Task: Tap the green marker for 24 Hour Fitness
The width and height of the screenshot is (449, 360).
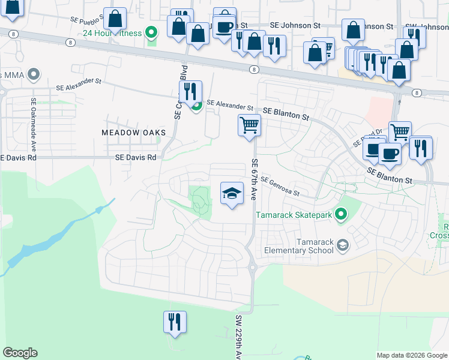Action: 152,32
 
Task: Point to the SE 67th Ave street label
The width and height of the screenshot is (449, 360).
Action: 255,179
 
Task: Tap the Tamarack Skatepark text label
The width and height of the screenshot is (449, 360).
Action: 294,214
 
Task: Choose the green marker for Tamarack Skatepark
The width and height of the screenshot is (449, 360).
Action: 342,214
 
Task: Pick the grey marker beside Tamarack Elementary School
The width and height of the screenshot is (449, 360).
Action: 342,244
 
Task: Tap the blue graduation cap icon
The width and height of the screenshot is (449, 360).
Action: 232,193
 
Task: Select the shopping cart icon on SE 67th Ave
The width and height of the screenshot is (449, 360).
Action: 249,125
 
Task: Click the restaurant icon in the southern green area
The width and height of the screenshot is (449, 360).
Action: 175,322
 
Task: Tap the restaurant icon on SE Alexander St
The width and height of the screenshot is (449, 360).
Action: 190,92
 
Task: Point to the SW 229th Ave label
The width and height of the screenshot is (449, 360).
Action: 238,337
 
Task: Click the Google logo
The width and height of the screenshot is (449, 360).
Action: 20,352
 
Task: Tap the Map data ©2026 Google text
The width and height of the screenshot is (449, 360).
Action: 411,355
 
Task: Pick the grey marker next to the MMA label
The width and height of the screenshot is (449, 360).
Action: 34,75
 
